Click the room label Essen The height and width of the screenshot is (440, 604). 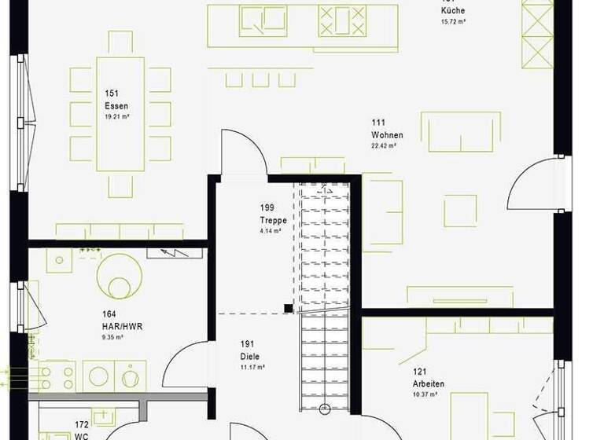tap(116, 105)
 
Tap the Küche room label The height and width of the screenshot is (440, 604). tap(453, 11)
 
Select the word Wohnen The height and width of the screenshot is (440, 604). tap(389, 134)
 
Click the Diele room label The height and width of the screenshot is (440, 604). tap(249, 355)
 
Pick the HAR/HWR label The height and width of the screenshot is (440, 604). tap(122, 326)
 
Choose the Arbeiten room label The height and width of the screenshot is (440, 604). tap(429, 384)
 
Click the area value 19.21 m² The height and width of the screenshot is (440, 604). tap(117, 116)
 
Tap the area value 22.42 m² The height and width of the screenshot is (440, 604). tap(384, 146)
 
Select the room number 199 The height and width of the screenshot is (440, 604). tap(267, 208)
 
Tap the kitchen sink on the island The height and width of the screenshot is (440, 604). tap(263, 20)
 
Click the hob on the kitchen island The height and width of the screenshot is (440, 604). tap(342, 20)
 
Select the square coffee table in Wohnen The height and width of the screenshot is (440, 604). tap(460, 211)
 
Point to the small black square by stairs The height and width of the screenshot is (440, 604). tap(289, 309)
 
